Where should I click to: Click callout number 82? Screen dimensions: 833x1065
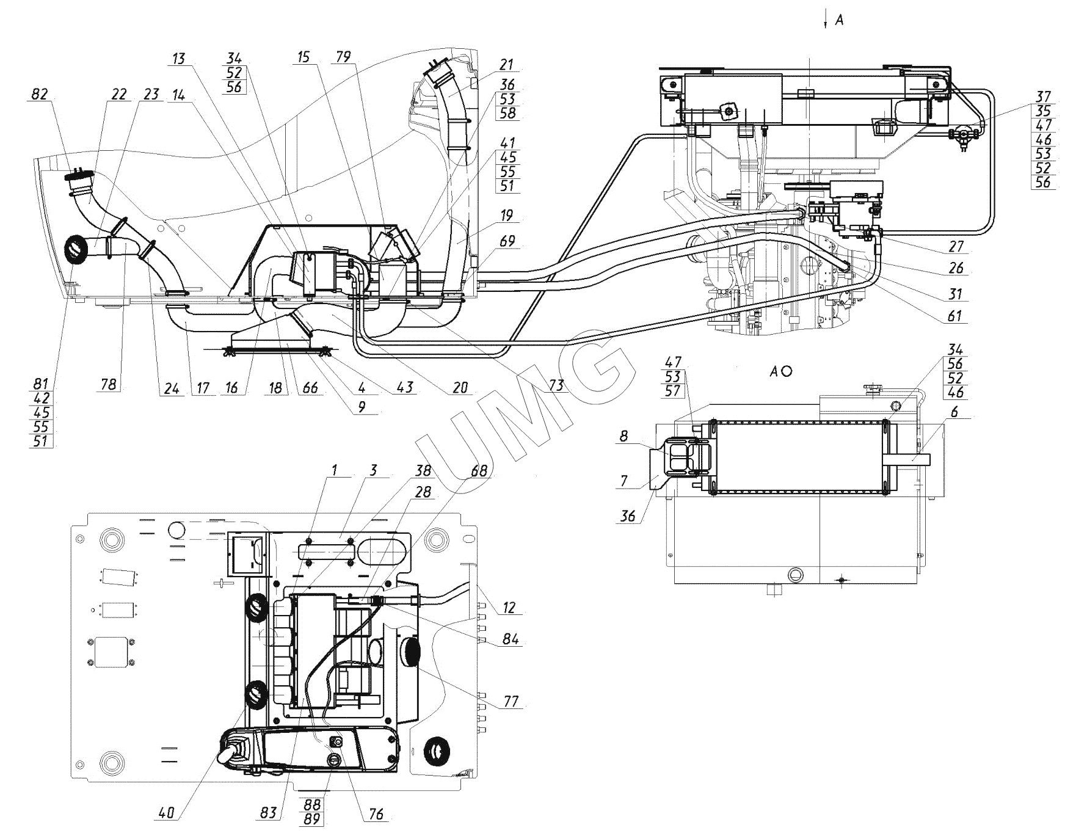pos(40,95)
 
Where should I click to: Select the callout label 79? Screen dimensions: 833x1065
pos(343,57)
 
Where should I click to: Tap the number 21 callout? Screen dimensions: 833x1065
pos(506,65)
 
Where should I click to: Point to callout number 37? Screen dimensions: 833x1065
pos(1043,96)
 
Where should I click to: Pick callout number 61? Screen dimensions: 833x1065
pos(954,315)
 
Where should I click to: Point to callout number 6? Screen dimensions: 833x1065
pos(954,412)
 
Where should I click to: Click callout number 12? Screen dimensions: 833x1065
pos(509,608)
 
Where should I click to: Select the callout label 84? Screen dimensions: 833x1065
pos(511,639)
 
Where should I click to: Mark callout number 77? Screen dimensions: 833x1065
pos(511,702)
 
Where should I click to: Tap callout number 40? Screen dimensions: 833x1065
pos(167,812)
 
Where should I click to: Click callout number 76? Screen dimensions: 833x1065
pos(376,814)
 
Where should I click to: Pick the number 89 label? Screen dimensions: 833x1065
pos(311,819)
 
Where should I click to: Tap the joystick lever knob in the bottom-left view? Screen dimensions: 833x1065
pos(234,751)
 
